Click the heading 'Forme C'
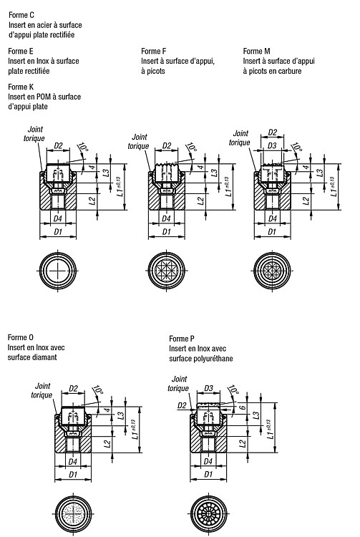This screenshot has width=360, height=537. click(21, 15)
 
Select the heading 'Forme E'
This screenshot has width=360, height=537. click(21, 52)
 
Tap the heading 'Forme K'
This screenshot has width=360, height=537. click(21, 87)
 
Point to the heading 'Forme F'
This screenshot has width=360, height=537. click(154, 52)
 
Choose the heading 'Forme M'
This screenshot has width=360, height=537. click(257, 52)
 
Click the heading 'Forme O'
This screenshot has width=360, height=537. click(21, 338)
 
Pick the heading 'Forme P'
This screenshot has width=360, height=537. click(182, 339)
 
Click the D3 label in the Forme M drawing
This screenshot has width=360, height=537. click(272, 145)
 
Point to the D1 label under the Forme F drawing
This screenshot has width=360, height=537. click(166, 232)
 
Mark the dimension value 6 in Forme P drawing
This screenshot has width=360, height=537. click(243, 408)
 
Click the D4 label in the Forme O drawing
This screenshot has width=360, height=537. click(72, 462)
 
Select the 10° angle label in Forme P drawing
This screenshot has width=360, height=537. click(233, 390)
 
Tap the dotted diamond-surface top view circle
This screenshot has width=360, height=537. click(74, 514)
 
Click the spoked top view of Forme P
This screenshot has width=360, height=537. click(208, 514)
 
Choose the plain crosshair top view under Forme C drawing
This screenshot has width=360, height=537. click(58, 271)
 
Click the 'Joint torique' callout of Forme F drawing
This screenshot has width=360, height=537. click(139, 142)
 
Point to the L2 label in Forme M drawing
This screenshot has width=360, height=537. click(306, 200)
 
